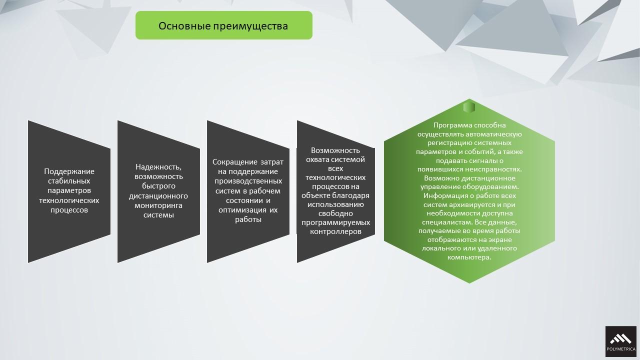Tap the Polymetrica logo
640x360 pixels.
pos(621,341)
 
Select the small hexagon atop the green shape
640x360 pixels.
pos(469,107)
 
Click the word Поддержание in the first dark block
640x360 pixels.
pos(69,171)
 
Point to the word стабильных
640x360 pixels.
pos(69,181)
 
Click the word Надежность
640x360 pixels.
pos(158,167)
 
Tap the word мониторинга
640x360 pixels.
pos(158,205)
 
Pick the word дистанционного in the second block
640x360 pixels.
pos(158,196)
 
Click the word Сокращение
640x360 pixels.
pos(235,162)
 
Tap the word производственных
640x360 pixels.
pos(248,181)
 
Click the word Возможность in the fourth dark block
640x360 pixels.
pos(335,150)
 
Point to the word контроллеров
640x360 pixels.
pos(335,231)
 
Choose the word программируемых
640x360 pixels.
pos(335,222)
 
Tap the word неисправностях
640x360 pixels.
pos(493,169)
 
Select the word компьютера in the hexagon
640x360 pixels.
pos(469,257)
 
